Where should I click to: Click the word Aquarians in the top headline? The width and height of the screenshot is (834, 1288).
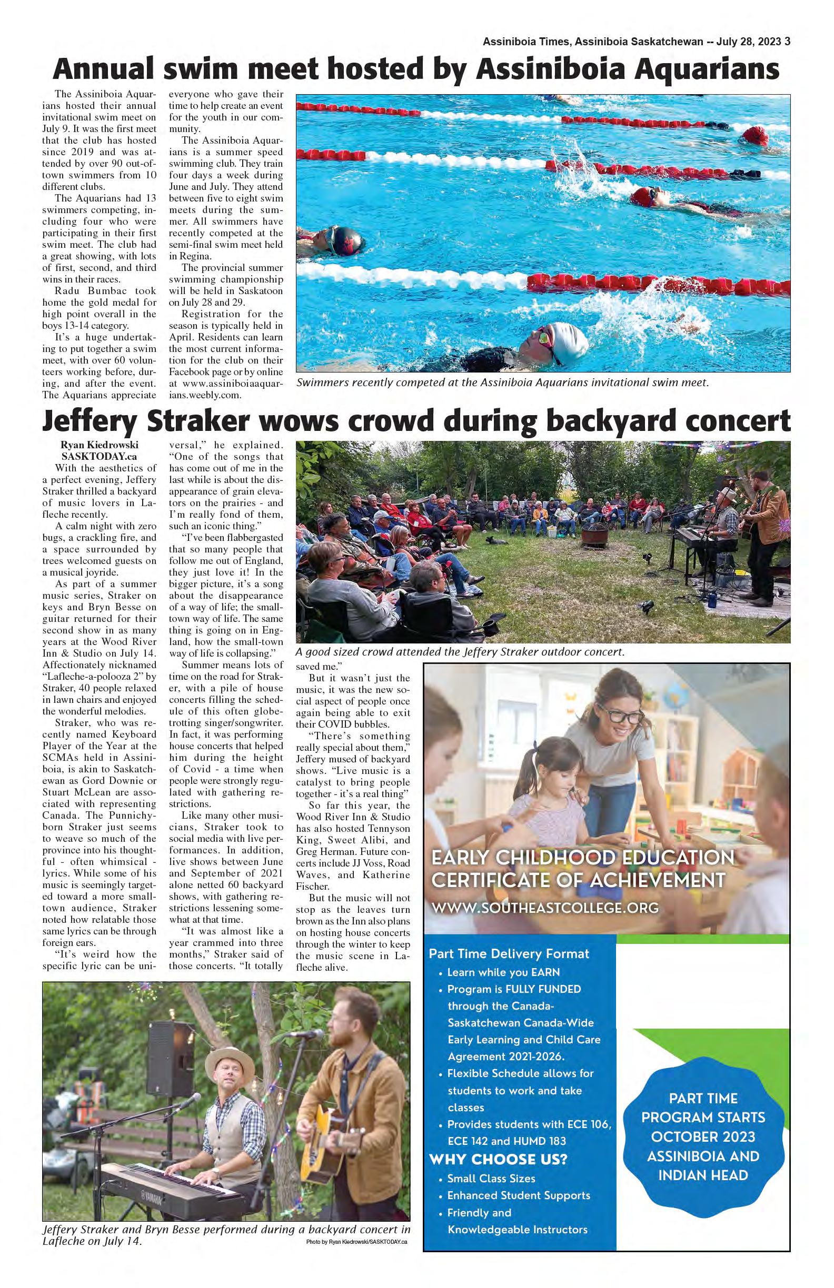point(701,71)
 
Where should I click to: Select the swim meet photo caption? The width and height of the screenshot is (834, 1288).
point(502,383)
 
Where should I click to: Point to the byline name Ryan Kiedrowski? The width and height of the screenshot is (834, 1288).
point(99,445)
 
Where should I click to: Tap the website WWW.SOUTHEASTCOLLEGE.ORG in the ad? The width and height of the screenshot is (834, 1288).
point(545,907)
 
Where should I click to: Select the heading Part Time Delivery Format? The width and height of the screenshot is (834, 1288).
point(509,953)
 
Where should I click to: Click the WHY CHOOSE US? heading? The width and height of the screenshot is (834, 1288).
point(498,1159)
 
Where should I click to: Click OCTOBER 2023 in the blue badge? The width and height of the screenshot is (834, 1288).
point(703,1136)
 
